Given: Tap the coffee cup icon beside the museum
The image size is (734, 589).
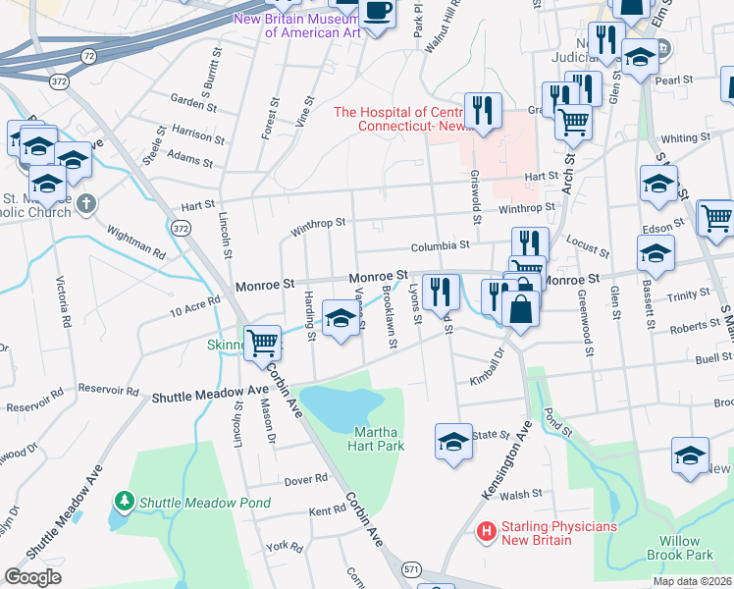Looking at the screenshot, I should pyautogui.click(x=377, y=12).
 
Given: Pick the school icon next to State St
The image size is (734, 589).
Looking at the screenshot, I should pyautogui.click(x=453, y=440).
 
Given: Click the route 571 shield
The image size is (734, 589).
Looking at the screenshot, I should pyautogui.click(x=412, y=569).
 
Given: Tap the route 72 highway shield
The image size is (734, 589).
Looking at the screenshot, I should pyautogui.click(x=89, y=57).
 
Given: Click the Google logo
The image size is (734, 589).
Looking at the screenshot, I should pyautogui.click(x=33, y=577).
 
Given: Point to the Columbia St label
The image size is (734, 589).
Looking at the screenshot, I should pyautogui.click(x=441, y=244).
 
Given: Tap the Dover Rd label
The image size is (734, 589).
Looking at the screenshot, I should pyautogui.click(x=306, y=479).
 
